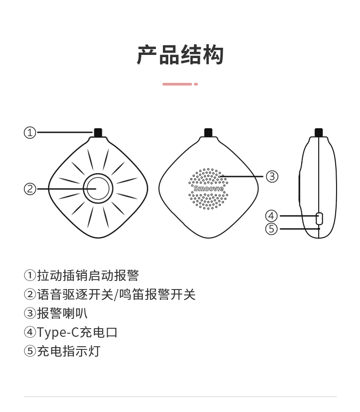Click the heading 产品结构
tap(180, 54)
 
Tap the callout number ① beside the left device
tap(30, 133)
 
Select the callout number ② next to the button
tap(30, 189)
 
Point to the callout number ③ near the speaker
tap(272, 177)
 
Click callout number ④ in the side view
tap(271, 216)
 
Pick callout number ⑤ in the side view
tap(271, 229)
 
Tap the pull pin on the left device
tap(98, 133)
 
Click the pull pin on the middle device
tap(208, 133)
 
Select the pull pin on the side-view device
tap(319, 133)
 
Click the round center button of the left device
tap(98, 188)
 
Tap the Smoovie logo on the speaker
tap(208, 188)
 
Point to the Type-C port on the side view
tap(319, 219)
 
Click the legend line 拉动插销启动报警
tap(81, 276)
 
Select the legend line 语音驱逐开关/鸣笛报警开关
tap(110, 294)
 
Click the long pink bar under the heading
tap(177, 84)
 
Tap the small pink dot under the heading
tap(196, 84)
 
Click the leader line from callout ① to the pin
tap(65, 132)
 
